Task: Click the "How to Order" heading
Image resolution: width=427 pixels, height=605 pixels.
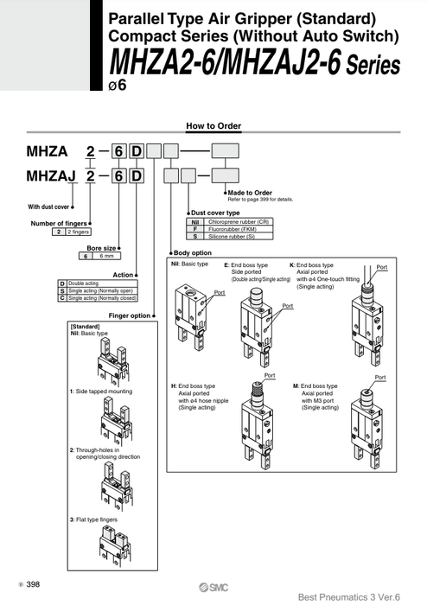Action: tap(213, 127)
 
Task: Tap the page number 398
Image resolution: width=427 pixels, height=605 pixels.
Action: tap(33, 585)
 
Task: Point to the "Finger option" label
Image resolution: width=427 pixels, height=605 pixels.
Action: tap(131, 315)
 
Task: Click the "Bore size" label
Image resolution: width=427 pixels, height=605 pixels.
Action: tap(101, 247)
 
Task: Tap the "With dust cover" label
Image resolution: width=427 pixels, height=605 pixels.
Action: tap(47, 207)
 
